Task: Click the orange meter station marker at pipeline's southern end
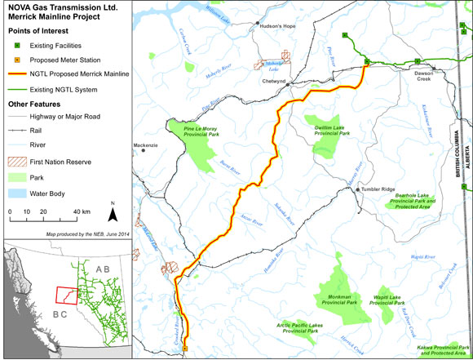[185, 349]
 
